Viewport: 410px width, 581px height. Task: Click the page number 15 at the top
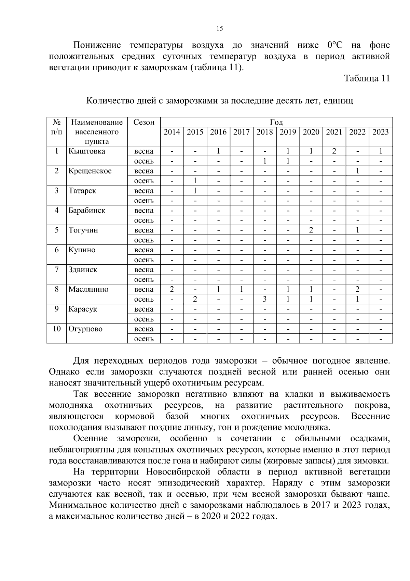[220, 29]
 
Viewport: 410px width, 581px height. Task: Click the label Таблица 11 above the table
[367, 78]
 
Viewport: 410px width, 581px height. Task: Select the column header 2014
[172, 132]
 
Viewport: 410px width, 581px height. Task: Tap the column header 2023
[380, 132]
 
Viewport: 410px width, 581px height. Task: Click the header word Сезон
[144, 123]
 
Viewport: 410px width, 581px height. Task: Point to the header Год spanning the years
[276, 123]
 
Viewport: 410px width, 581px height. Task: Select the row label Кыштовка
[86, 151]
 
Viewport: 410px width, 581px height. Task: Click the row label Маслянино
[88, 290]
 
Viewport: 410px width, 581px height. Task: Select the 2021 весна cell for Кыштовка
[334, 151]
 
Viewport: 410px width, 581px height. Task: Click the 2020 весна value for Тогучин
[311, 230]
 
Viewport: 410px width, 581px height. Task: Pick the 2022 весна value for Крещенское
[357, 171]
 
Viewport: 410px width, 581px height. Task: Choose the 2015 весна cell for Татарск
[195, 191]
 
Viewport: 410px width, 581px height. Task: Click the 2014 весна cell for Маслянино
[172, 290]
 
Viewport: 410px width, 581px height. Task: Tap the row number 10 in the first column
[57, 329]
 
